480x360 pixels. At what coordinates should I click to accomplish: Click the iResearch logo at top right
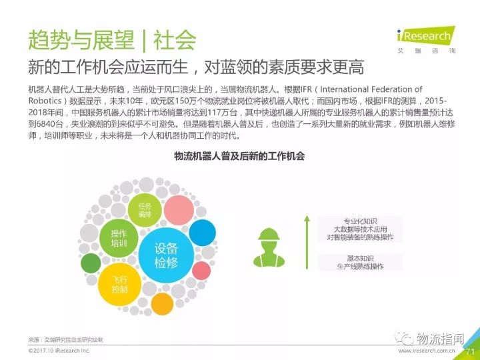(x=426, y=40)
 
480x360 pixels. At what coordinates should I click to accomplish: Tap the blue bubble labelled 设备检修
(x=166, y=255)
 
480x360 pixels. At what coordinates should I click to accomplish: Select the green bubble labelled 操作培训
(x=119, y=239)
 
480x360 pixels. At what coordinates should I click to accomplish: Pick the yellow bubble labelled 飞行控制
(x=119, y=285)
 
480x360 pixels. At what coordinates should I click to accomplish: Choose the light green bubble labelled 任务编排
(x=145, y=210)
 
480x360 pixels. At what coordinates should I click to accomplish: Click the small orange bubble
(x=162, y=304)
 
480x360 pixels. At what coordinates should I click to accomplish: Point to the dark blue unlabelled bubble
(x=203, y=233)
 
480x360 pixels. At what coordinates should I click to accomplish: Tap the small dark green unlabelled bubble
(x=91, y=263)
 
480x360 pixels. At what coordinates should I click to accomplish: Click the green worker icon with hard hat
(x=269, y=247)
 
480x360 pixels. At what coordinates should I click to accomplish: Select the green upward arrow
(x=307, y=242)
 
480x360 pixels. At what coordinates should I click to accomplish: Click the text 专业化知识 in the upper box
(x=360, y=221)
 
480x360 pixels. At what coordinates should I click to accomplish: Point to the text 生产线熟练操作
(x=360, y=266)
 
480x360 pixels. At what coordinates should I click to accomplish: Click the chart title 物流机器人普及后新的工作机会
(x=239, y=156)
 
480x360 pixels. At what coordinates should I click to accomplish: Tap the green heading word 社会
(x=175, y=40)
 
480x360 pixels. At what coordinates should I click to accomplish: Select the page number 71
(x=470, y=351)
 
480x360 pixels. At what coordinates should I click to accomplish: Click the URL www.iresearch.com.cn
(x=427, y=351)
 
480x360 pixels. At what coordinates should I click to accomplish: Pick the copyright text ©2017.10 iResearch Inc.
(x=59, y=351)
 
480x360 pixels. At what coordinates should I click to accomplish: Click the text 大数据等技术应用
(x=360, y=229)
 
